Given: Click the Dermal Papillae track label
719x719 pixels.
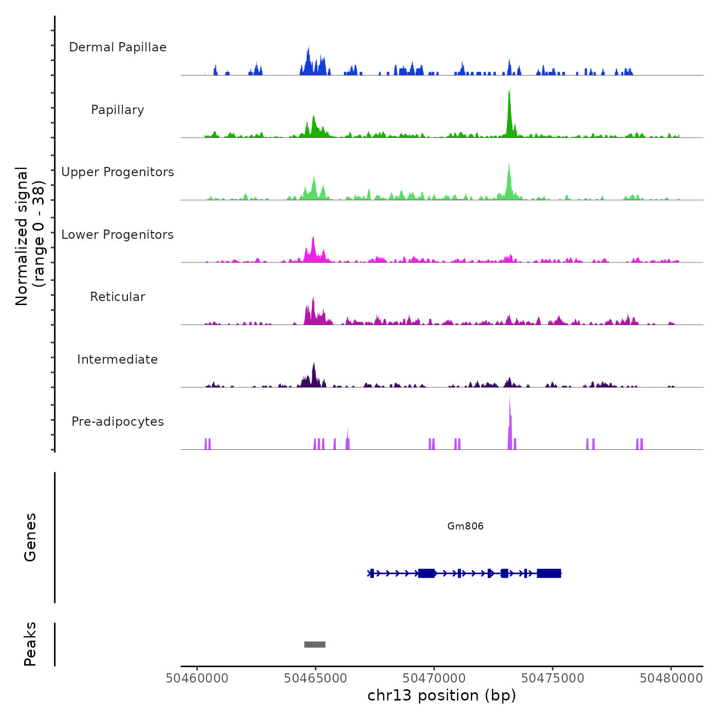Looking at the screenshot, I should click(118, 47).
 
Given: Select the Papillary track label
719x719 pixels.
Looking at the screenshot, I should click(118, 110).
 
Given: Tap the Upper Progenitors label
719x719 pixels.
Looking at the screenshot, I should click(118, 172).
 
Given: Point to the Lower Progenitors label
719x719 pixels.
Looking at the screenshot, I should click(118, 235).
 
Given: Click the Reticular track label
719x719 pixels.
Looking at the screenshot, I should click(118, 297).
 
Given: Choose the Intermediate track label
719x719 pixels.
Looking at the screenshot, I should click(118, 359).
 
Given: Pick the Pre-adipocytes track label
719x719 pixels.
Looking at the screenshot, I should click(118, 422).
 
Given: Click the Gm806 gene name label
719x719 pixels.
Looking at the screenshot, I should click(465, 526).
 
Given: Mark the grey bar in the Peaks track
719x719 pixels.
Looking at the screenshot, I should click(315, 645).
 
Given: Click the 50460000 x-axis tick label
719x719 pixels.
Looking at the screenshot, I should click(197, 678).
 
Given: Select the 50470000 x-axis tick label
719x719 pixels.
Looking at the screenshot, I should click(434, 678).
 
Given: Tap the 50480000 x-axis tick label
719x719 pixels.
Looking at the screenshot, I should click(671, 678).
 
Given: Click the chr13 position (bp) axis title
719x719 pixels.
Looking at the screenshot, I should click(442, 695).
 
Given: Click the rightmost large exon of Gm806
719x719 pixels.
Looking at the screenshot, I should click(549, 573).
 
